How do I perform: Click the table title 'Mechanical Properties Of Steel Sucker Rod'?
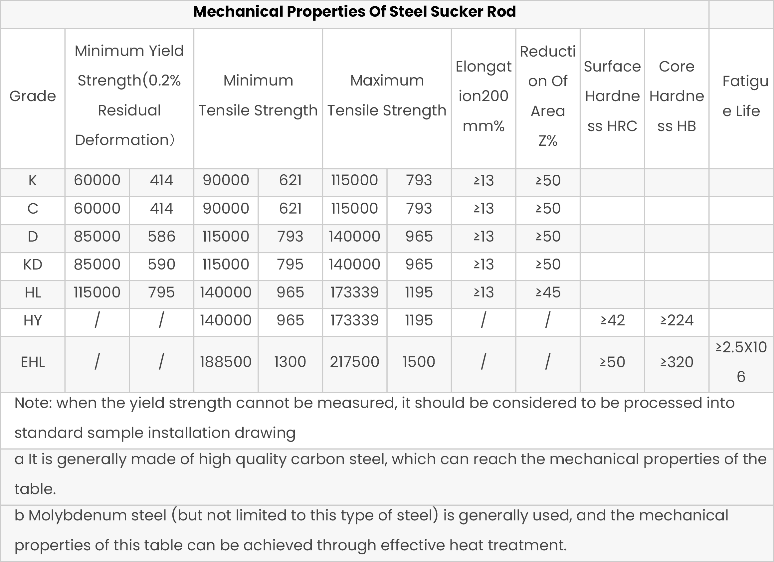click(x=354, y=12)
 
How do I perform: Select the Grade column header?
click(x=32, y=96)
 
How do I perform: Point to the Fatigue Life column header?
click(x=741, y=96)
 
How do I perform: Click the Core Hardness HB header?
click(x=677, y=96)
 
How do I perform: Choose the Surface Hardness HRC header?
click(x=612, y=96)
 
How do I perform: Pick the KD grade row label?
click(x=32, y=265)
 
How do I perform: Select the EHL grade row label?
click(x=32, y=362)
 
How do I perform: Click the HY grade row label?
click(x=32, y=320)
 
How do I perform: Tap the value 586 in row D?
click(x=161, y=237)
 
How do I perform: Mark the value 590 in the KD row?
click(x=161, y=265)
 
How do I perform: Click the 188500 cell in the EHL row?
click(x=226, y=362)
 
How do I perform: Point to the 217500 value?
click(x=354, y=362)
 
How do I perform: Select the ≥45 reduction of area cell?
click(x=548, y=292)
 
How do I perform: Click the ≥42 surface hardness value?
click(x=612, y=320)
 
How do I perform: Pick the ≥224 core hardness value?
click(x=677, y=320)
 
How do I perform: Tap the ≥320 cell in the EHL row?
click(x=677, y=362)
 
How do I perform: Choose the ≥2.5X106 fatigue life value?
click(x=741, y=362)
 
